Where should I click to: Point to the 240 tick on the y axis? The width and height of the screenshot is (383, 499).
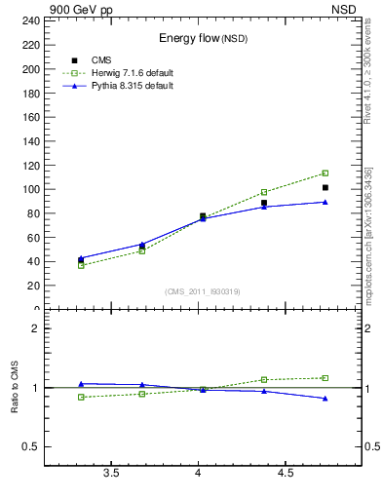30,19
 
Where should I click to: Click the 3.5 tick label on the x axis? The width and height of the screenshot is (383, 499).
111,474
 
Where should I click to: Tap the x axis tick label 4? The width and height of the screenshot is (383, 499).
199,474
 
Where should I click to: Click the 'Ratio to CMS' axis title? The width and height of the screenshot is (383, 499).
15,388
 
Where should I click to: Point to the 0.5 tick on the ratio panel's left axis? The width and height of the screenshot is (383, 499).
31,447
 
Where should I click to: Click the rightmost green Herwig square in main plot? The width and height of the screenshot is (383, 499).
326,173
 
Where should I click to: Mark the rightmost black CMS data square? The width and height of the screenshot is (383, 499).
326,187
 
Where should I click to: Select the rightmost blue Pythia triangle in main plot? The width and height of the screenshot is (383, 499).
326,202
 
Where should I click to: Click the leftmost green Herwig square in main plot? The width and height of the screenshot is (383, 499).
81,265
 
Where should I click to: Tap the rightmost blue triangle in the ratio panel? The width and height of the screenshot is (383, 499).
326,399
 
